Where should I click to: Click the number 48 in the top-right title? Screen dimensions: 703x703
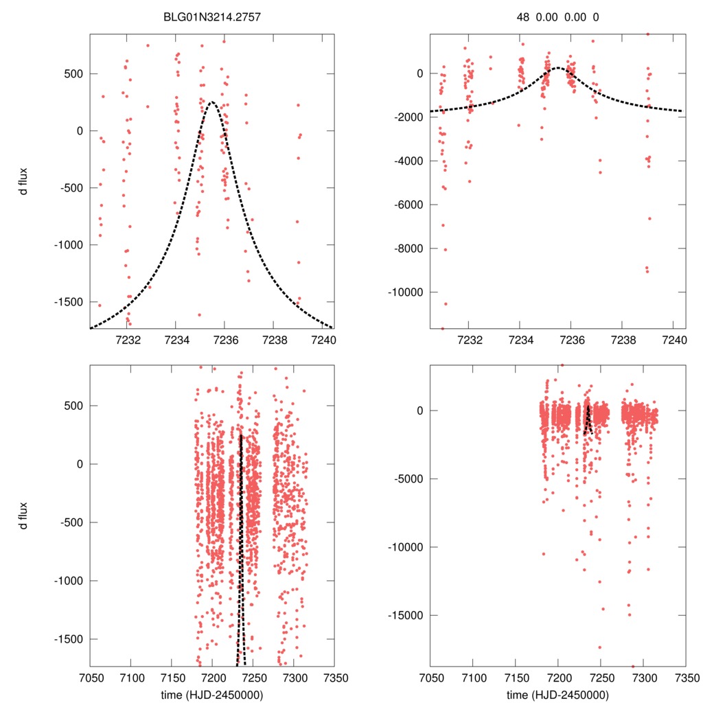click(x=524, y=18)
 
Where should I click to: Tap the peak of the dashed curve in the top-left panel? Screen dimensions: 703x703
click(x=211, y=102)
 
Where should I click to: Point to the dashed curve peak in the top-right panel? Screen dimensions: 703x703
click(x=558, y=68)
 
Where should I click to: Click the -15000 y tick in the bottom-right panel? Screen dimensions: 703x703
click(x=411, y=615)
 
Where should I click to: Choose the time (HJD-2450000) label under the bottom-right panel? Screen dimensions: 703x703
click(x=558, y=694)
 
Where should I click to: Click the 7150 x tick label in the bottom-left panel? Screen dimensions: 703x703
click(x=172, y=677)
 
